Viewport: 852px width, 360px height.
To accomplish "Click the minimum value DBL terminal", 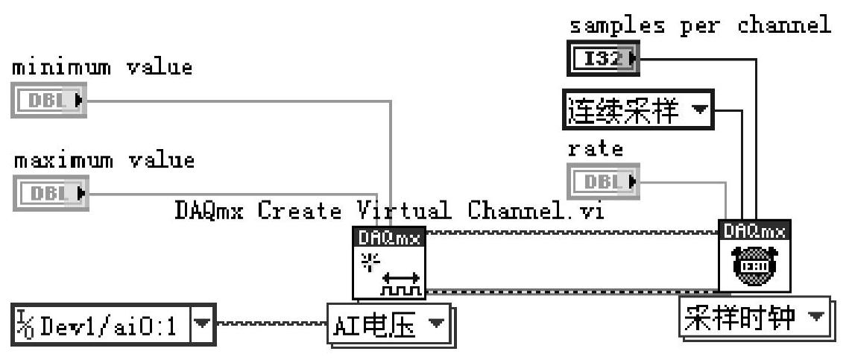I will [x=49, y=101].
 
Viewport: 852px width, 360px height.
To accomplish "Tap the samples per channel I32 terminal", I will [x=602, y=59].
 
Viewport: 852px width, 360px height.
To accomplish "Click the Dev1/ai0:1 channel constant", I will [x=103, y=325].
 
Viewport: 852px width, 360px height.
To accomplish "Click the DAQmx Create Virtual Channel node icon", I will [x=388, y=263].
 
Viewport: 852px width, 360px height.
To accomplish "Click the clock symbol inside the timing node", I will [x=754, y=265].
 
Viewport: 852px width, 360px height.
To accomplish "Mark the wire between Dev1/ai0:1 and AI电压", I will [x=271, y=325].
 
